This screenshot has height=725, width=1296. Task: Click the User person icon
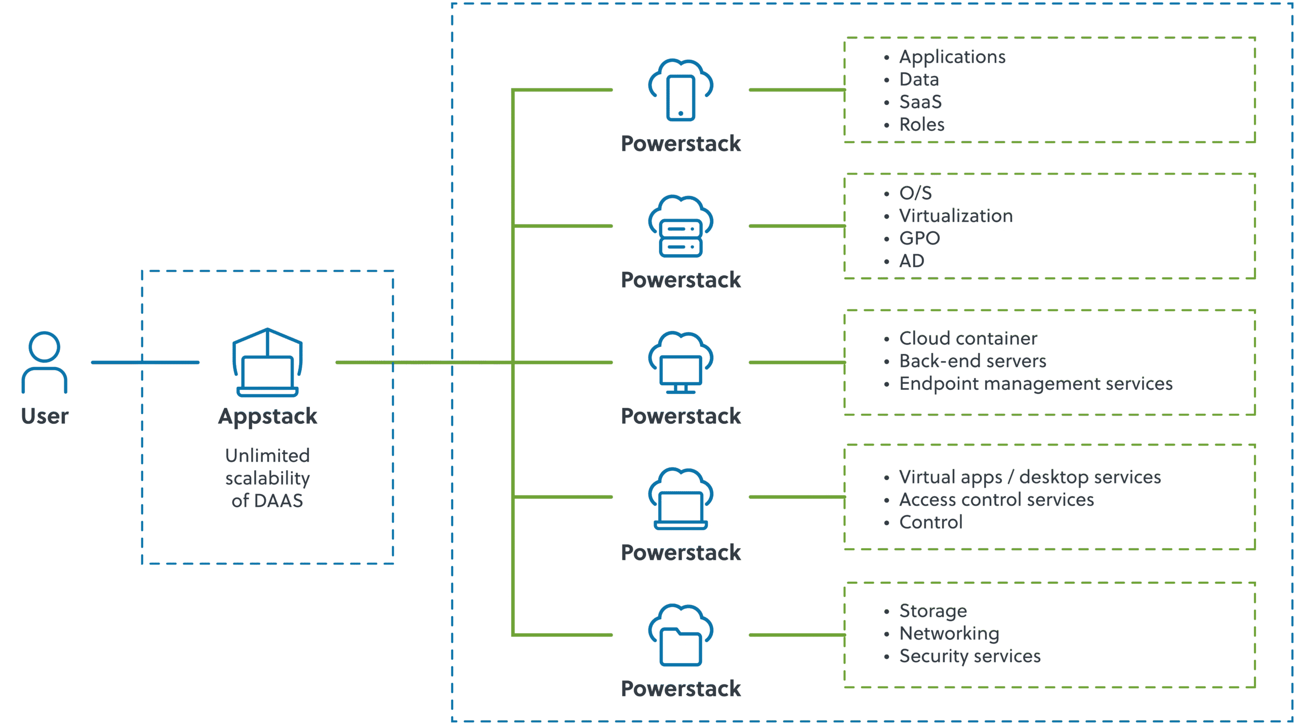(45, 362)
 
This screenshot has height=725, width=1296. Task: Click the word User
(45, 416)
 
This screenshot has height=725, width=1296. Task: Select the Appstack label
(267, 416)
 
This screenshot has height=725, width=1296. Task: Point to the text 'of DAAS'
(267, 501)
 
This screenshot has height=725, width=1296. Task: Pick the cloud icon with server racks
(681, 226)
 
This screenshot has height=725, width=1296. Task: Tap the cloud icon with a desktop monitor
(681, 362)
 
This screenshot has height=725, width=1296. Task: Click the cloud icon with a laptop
(681, 499)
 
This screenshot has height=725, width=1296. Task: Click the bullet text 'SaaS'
(920, 102)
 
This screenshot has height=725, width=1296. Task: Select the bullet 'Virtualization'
(956, 216)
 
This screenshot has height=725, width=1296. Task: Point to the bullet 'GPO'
(919, 238)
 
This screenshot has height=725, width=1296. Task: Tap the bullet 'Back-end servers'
(973, 361)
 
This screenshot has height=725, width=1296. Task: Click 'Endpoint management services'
(1036, 384)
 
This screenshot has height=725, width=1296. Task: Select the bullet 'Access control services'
(996, 500)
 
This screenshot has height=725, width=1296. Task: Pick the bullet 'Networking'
(949, 634)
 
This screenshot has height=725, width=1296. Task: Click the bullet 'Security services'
(969, 657)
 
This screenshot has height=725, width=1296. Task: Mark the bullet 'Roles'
(922, 125)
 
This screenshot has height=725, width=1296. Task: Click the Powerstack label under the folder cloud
(681, 689)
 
